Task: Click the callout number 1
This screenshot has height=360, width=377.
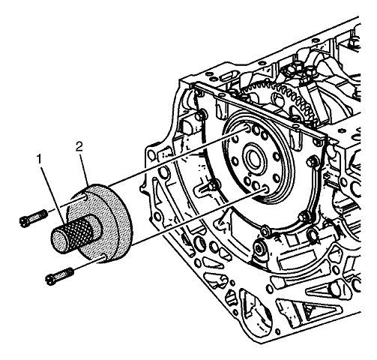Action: [39, 159]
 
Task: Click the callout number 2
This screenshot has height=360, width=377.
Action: [79, 147]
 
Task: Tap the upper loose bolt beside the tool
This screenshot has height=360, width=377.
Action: [34, 218]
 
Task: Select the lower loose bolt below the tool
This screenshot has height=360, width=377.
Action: [60, 276]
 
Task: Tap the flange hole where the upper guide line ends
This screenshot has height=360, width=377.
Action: [247, 129]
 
